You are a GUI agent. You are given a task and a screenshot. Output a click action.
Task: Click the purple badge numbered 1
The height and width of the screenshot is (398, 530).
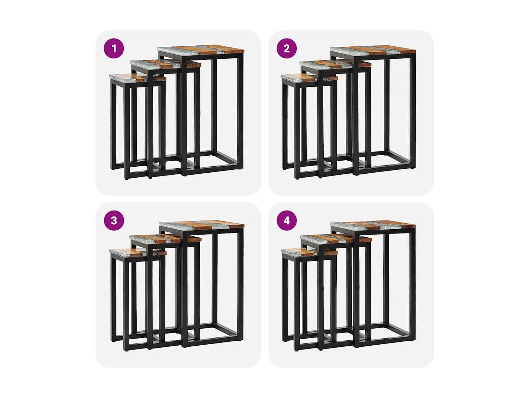point(114,48)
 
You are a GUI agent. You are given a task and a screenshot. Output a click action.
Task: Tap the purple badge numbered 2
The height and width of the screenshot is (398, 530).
point(287,48)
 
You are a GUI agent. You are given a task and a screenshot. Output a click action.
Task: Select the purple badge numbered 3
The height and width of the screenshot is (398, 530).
point(114,220)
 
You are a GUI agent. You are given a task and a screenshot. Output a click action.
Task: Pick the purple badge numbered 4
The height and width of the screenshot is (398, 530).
point(287,220)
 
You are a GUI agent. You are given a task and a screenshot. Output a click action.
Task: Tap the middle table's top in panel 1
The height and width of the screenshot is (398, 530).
point(165,64)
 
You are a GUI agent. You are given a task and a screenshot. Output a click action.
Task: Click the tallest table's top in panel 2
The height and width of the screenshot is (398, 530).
point(373,50)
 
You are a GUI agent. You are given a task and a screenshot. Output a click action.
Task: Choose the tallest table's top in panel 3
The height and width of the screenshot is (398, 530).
point(201,225)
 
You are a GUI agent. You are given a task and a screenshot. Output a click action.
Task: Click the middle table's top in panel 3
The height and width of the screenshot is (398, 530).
point(165,239)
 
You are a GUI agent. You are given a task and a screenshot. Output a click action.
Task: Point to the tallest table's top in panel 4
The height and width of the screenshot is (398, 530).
point(373,225)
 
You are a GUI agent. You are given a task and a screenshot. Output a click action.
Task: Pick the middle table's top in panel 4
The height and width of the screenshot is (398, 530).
point(335,239)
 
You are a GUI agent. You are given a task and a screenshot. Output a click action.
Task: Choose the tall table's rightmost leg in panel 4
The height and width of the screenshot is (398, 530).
point(412,283)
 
